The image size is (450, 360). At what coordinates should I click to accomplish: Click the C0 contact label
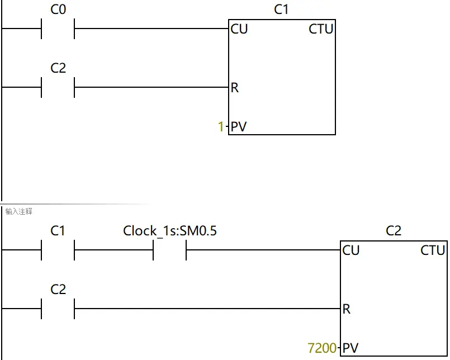58,10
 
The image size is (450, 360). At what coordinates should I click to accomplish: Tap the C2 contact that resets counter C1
58,87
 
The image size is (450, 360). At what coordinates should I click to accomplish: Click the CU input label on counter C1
239,29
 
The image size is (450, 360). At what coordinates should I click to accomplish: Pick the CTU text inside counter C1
321,29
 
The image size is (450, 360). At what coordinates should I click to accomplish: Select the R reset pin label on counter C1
234,88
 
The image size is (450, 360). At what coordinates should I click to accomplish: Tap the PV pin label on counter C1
238,127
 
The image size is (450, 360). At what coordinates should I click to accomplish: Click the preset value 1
221,127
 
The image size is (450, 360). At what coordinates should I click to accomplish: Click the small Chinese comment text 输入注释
19,211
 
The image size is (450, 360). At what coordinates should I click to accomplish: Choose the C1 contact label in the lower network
58,230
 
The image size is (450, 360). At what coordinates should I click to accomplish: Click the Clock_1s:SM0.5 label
170,230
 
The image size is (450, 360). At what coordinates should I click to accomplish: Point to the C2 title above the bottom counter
394,230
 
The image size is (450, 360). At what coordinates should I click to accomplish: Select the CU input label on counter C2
351,250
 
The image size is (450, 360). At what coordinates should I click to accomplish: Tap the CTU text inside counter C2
433,250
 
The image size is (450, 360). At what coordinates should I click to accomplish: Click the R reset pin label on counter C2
347,309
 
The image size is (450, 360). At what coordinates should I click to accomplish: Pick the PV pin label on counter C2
350,348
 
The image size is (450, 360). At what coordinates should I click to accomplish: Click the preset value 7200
323,348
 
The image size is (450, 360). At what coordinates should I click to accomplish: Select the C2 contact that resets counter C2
58,308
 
